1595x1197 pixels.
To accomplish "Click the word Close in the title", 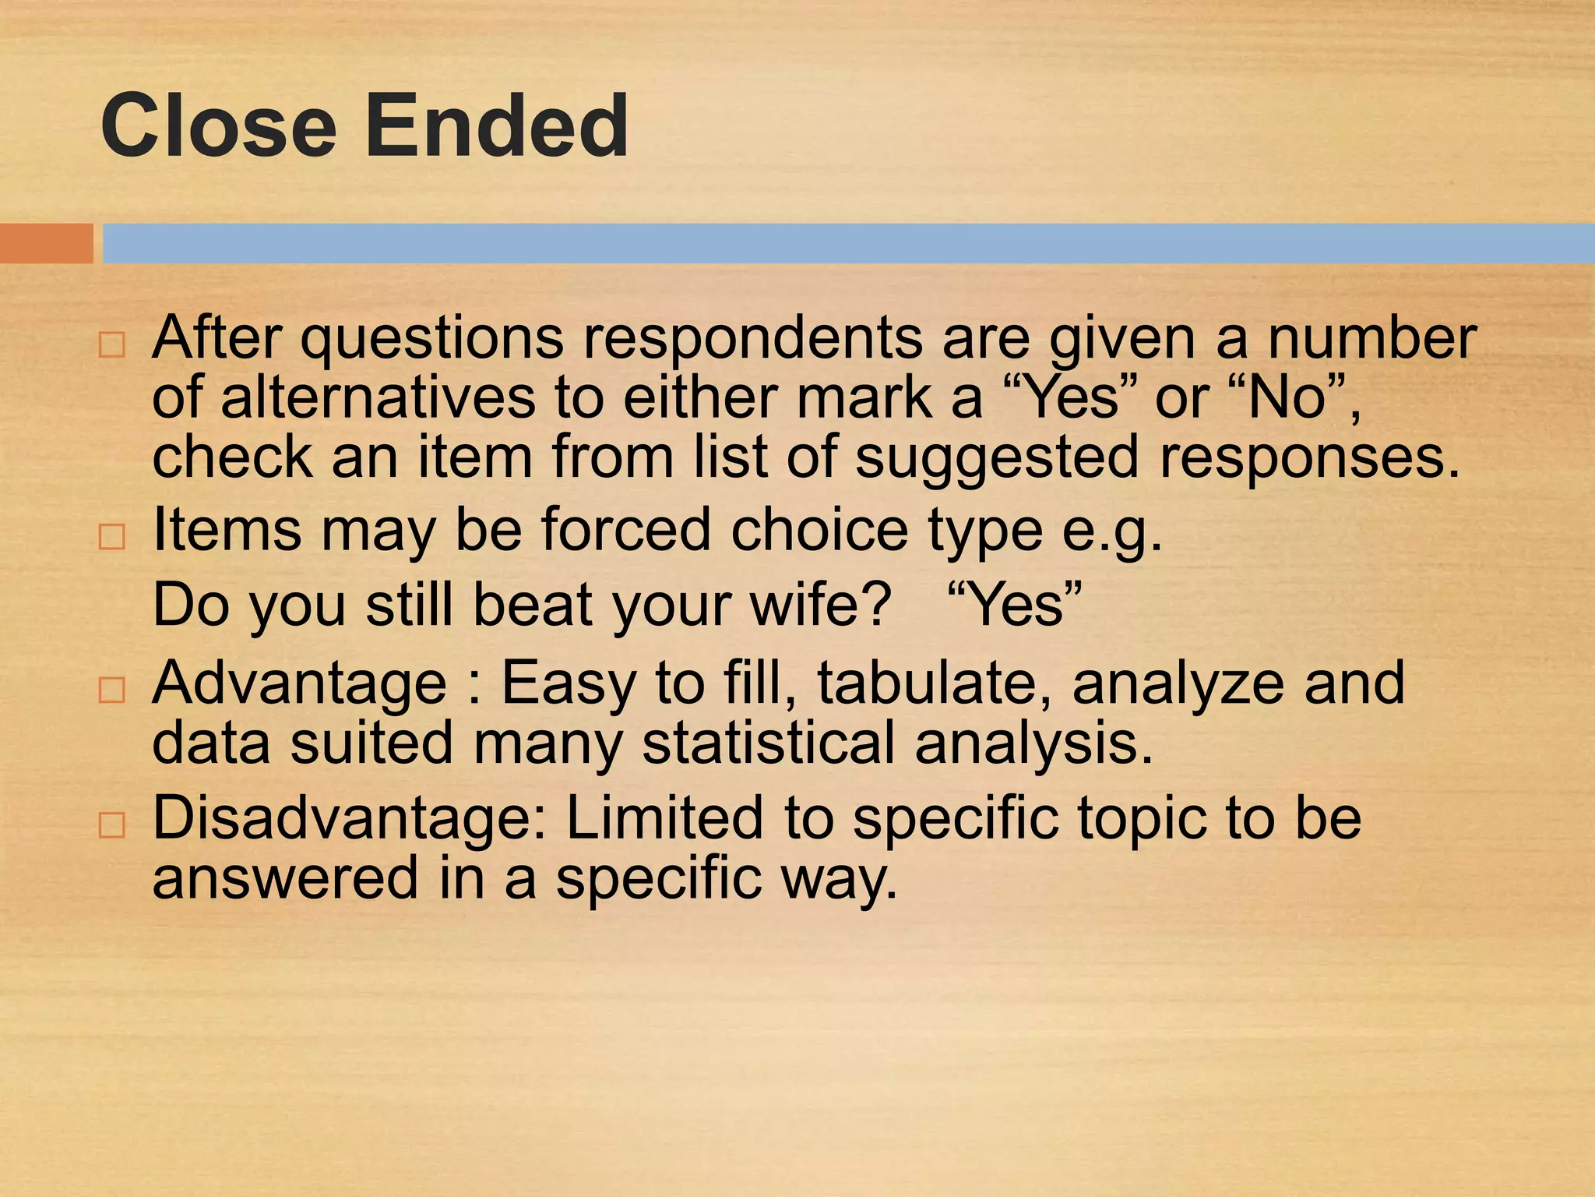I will pos(218,125).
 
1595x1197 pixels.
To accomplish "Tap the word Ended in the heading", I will pos(497,125).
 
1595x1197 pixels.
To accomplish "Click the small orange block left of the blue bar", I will pos(46,243).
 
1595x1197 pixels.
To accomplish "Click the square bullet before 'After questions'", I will pos(112,345).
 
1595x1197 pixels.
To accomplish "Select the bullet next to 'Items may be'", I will pos(112,537).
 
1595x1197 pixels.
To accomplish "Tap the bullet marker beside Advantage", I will pos(112,690).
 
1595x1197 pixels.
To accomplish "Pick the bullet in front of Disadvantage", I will pos(112,825).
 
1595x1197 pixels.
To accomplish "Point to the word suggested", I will pos(997,458).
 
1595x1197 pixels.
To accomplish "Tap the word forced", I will pos(626,530).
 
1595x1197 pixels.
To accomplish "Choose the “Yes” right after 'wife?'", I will pos(1015,606).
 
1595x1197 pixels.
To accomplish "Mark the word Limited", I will pos(664,818).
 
